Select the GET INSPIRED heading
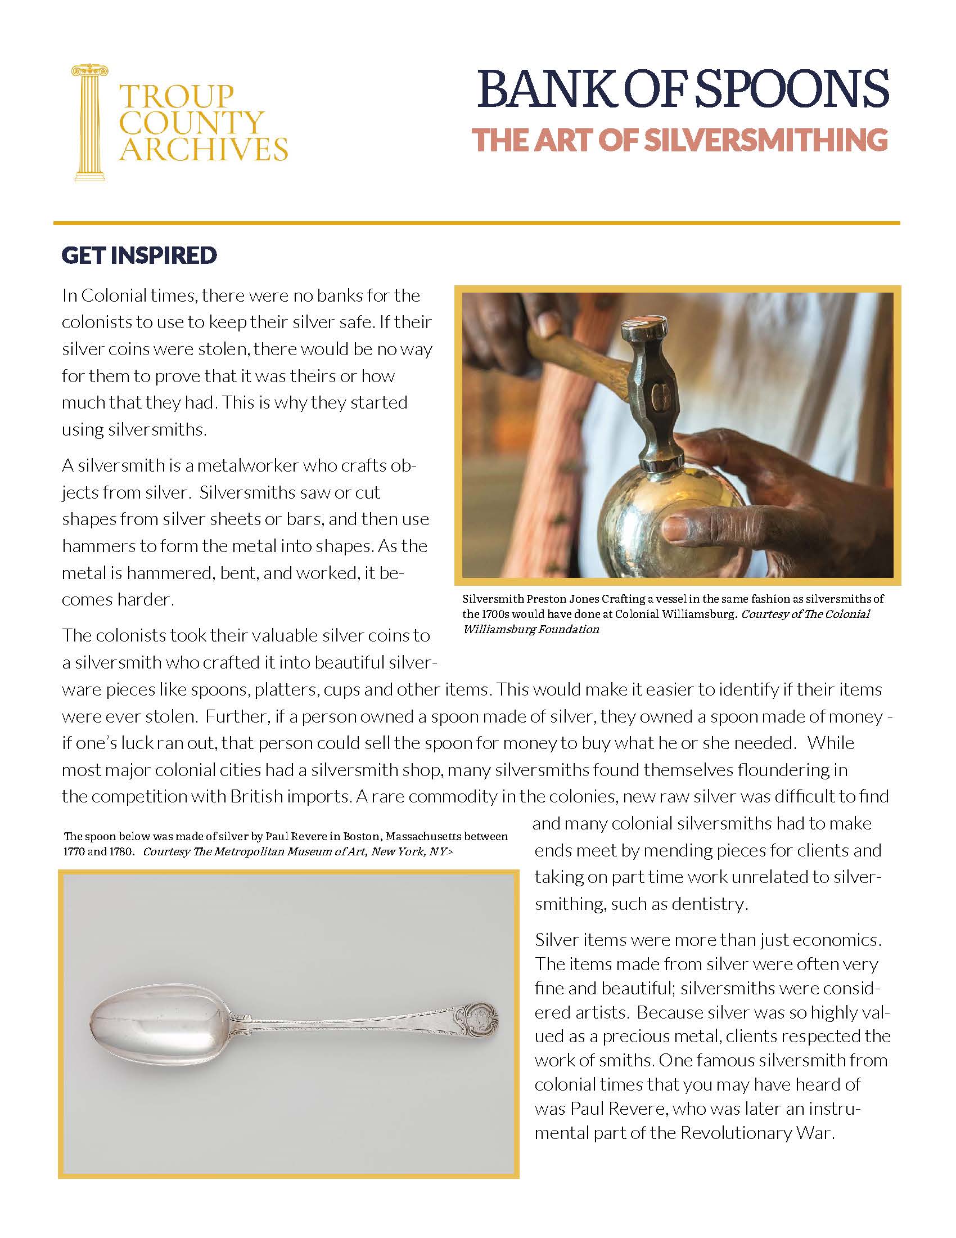pyautogui.click(x=139, y=255)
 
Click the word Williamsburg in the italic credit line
pyautogui.click(x=498, y=629)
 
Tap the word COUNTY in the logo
pyautogui.click(x=191, y=123)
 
